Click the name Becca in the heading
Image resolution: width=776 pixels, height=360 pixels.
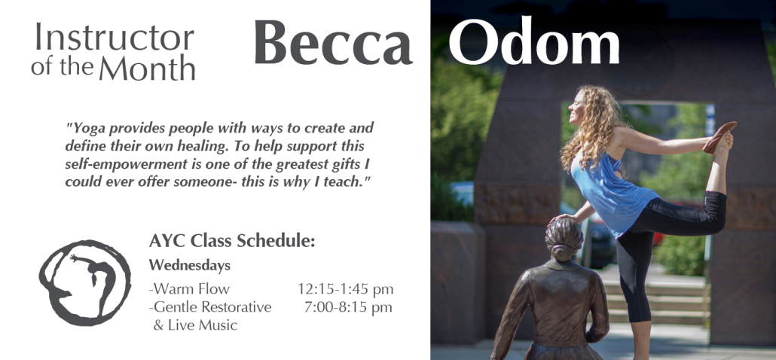coord(333,42)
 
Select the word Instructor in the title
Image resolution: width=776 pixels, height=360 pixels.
coord(115,37)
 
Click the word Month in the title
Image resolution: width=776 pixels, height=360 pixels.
coord(147,68)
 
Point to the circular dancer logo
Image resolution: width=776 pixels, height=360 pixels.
coord(85,283)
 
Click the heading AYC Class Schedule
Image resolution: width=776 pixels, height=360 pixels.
coord(231,241)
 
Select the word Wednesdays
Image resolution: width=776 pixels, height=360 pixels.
coord(190,266)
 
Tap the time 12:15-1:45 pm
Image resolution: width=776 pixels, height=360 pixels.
coord(346,288)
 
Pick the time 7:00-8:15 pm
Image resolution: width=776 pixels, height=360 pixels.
coord(348,307)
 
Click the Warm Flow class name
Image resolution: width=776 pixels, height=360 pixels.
coord(190,288)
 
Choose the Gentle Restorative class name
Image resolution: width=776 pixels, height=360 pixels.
coord(210,307)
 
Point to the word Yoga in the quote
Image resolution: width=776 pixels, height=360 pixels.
coord(87,129)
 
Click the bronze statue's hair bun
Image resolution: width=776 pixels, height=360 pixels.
coord(563,253)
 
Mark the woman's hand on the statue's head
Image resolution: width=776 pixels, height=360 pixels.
coord(563,218)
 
